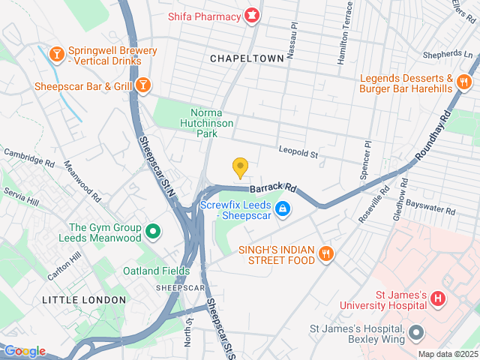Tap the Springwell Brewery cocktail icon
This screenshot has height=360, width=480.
pos(56,54)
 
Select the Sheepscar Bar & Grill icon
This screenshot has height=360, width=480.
pos(142,86)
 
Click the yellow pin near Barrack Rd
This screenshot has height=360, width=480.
pos(240,167)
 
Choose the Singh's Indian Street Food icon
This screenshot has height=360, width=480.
pos(325,253)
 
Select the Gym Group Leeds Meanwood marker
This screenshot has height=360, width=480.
pos(153,232)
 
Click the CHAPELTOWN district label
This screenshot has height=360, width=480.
pos(247,58)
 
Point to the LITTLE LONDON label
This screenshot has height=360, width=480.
pos(84,300)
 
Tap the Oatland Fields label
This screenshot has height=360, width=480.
pos(157,271)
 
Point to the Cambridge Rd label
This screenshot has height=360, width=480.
pos(29,157)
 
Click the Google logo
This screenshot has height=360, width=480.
pos(25,351)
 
